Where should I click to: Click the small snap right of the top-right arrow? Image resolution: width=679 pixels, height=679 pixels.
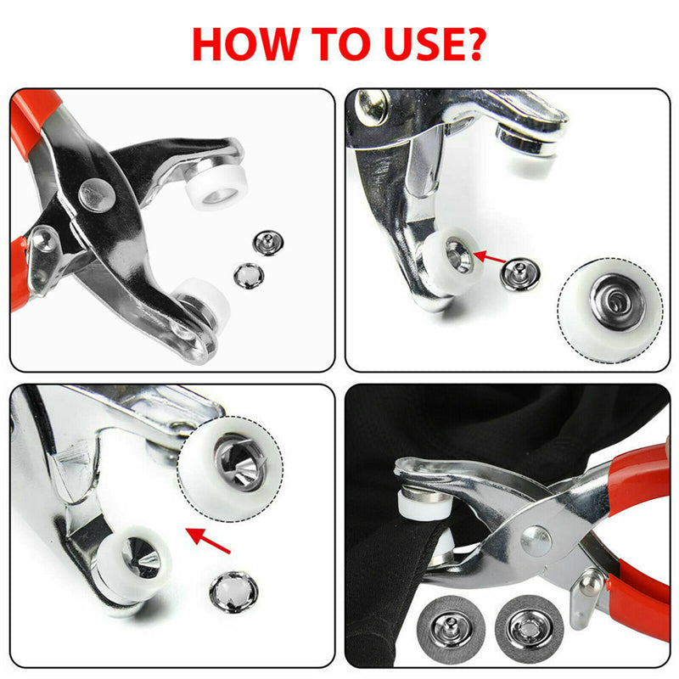click(516, 272)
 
